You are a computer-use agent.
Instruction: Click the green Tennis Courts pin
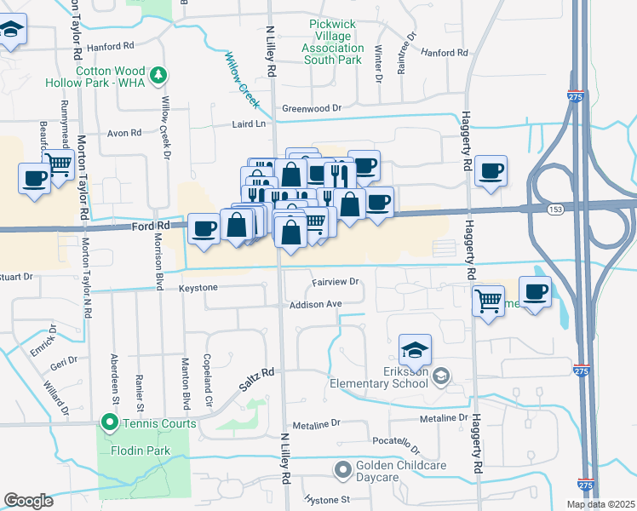(109, 422)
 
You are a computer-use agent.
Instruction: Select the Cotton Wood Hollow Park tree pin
(158, 78)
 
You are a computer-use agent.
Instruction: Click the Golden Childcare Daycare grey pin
(343, 469)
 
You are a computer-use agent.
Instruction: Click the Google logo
(28, 501)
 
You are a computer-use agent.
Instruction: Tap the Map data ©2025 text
(600, 504)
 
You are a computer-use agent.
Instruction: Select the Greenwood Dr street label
(311, 108)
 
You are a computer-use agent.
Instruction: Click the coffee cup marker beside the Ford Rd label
(204, 228)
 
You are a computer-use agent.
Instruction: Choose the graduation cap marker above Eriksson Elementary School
(415, 349)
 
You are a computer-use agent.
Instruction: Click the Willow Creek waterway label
(241, 73)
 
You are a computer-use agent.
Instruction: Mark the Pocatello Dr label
(397, 445)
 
